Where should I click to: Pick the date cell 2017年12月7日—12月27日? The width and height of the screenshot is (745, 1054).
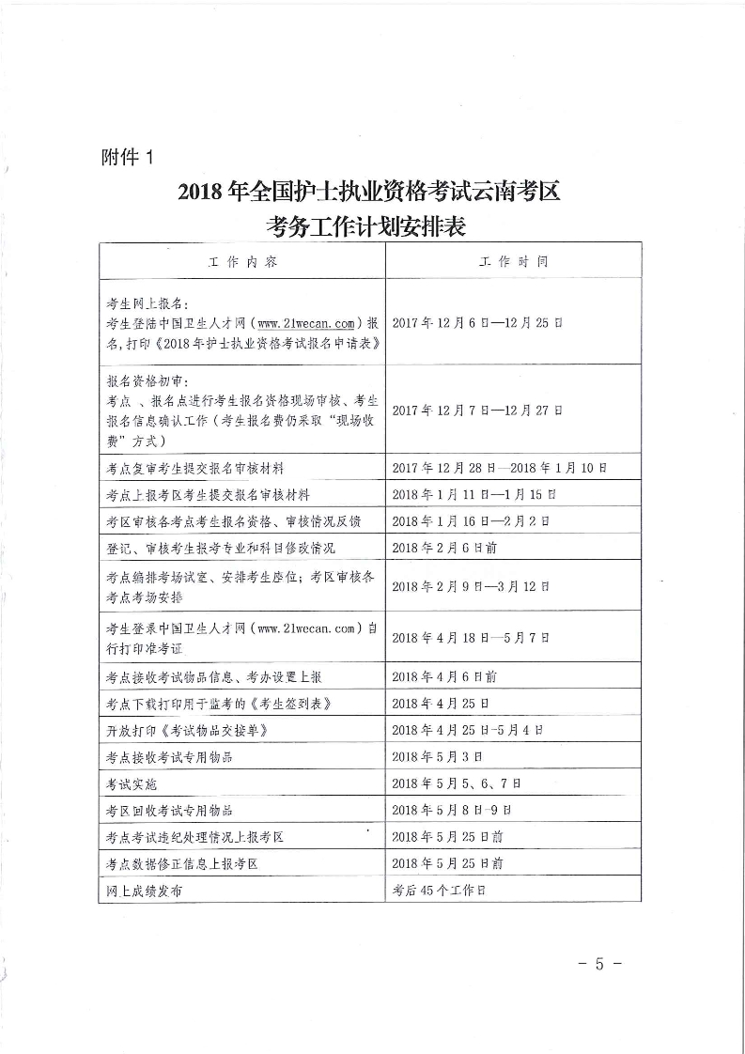click(476, 410)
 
